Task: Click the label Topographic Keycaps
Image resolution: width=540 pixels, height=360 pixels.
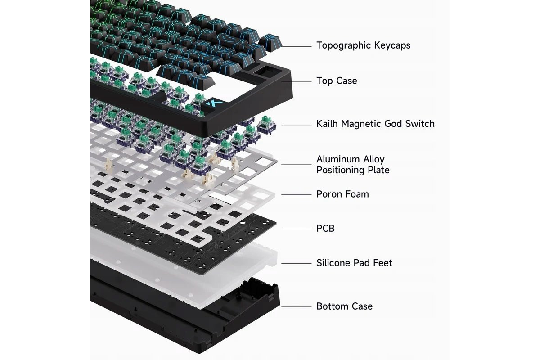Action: (363, 45)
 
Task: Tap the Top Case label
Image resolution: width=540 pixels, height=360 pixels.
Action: (337, 81)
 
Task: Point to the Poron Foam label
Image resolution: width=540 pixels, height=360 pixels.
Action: (342, 194)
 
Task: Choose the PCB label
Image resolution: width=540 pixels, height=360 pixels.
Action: (325, 228)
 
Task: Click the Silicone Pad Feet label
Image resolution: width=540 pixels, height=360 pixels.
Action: (354, 263)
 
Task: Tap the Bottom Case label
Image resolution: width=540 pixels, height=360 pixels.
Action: (345, 306)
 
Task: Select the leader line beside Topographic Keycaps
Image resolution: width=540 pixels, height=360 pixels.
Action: (296, 46)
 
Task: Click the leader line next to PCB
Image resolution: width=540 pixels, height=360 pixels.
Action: (296, 229)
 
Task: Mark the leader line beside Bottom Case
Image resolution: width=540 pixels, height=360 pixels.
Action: (296, 307)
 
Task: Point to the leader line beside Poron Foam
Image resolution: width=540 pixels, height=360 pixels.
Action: (296, 194)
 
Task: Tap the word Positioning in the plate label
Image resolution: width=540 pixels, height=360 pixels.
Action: (340, 171)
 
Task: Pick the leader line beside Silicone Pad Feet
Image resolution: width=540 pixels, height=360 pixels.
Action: (296, 264)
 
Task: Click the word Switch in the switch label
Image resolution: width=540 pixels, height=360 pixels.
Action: (420, 124)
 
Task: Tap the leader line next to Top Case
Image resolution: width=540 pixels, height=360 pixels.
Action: (296, 82)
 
